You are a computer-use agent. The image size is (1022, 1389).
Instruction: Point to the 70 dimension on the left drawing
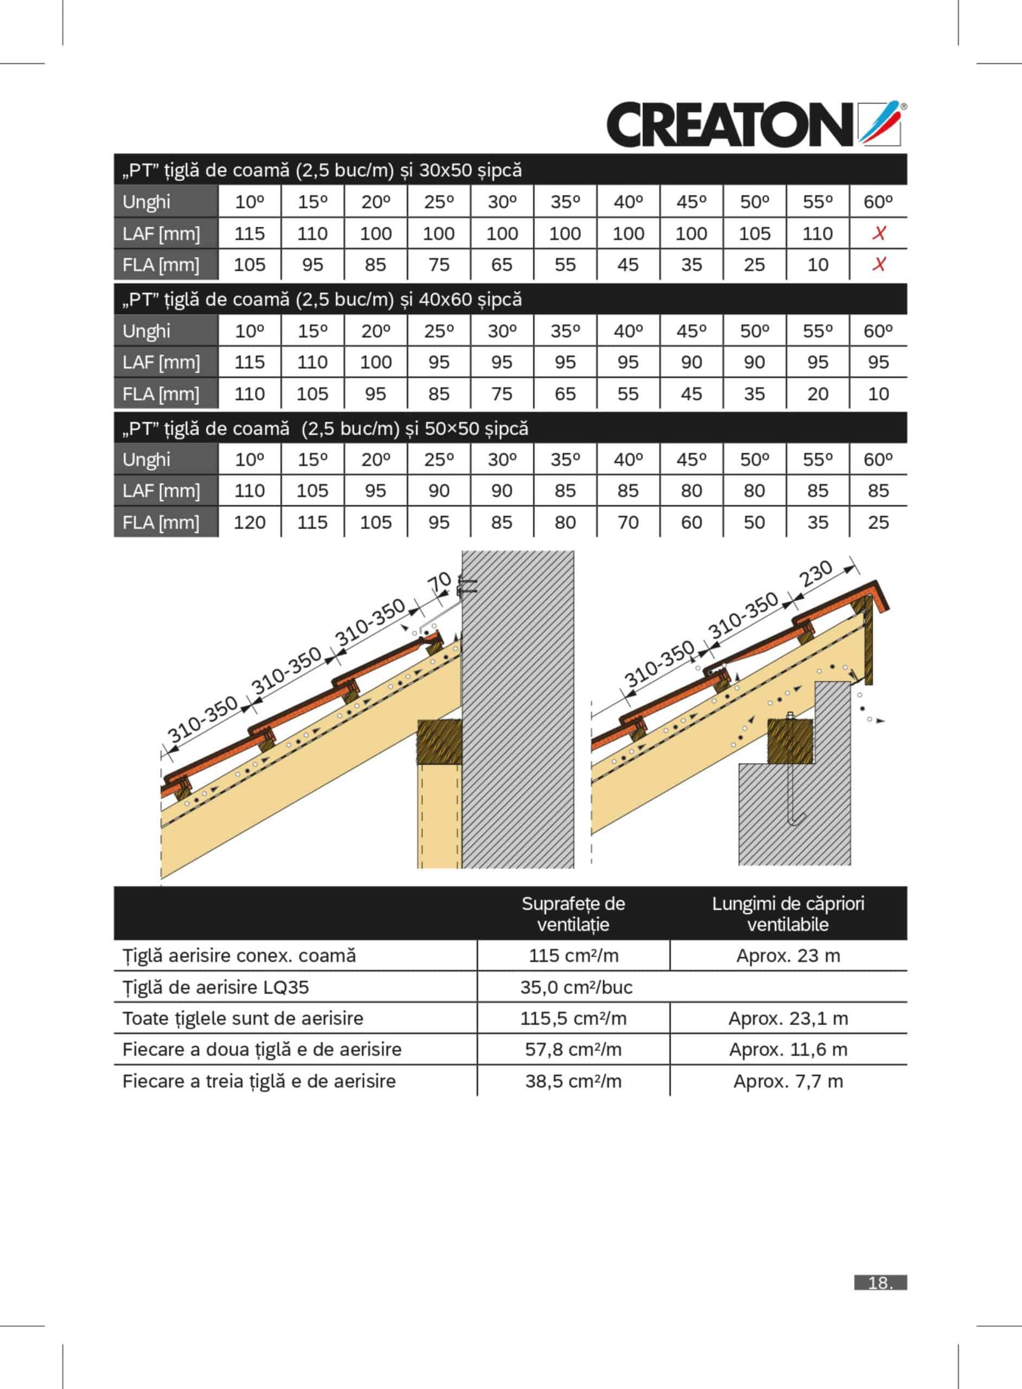pos(440,583)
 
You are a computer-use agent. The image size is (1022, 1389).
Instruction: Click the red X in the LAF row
pos(878,233)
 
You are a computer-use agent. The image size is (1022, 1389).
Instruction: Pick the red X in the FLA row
pos(878,265)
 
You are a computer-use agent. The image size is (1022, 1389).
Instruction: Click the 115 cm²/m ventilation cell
pos(573,956)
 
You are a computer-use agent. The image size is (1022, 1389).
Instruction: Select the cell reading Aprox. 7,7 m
pos(788,1081)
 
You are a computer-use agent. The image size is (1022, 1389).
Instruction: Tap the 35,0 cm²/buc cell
pos(576,987)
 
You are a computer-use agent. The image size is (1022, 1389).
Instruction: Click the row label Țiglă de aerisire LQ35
pos(215,987)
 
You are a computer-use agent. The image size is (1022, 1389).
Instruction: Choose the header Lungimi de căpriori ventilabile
pos(788,914)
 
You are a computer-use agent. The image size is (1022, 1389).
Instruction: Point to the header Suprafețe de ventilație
pos(573,914)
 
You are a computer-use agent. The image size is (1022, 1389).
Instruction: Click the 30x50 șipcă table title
pos(322,170)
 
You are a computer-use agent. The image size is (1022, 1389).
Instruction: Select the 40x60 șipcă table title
pos(322,300)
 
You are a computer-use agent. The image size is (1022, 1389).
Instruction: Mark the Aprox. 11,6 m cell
pos(788,1049)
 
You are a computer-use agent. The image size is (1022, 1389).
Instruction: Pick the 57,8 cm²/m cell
pos(573,1049)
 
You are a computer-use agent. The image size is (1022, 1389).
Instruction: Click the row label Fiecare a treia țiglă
pos(259,1081)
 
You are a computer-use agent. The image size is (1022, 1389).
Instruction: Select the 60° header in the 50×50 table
pos(878,460)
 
